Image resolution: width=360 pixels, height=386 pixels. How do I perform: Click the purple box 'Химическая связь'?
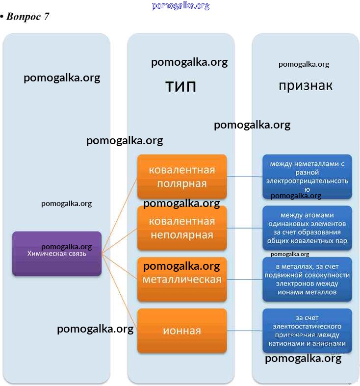[x=57, y=254]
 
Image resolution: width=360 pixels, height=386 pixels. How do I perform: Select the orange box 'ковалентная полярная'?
[x=182, y=177]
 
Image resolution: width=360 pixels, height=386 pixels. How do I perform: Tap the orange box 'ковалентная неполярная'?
[x=182, y=228]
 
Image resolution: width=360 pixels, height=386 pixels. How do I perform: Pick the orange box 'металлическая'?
[x=182, y=279]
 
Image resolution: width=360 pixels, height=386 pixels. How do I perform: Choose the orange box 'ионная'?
[x=182, y=331]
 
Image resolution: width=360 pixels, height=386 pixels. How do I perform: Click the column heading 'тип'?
[x=181, y=87]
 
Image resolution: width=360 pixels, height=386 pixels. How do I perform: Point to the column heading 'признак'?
[x=306, y=85]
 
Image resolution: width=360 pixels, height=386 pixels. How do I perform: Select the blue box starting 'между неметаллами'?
[x=307, y=177]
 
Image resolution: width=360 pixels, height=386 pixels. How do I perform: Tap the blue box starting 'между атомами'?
[x=307, y=228]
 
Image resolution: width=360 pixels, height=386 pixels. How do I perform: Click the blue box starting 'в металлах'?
[x=307, y=279]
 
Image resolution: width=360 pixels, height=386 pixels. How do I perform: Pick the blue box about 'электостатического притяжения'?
[x=307, y=331]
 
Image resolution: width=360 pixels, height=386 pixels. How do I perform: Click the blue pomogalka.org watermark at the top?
[x=180, y=6]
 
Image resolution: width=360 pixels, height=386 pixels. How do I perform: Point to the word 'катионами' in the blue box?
[x=286, y=343]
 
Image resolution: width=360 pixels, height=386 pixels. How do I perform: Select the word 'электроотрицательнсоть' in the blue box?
[x=307, y=181]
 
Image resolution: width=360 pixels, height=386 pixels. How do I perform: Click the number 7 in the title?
[x=46, y=17]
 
